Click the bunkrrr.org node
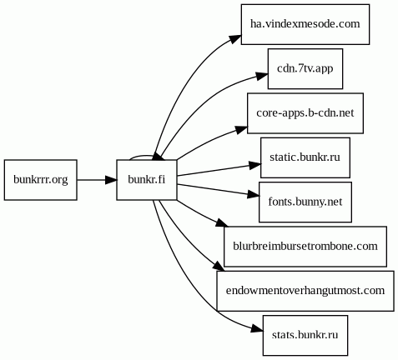click(x=41, y=180)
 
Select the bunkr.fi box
click(x=147, y=180)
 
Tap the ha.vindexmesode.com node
click(x=305, y=24)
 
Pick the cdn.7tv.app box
click(x=305, y=68)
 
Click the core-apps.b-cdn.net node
click(x=305, y=113)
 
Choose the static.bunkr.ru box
click(x=305, y=157)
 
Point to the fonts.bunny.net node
click(x=305, y=202)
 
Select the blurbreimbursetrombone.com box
click(x=305, y=247)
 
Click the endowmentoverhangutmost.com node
click(x=305, y=291)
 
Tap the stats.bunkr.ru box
click(x=305, y=335)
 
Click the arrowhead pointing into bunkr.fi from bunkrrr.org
click(x=111, y=180)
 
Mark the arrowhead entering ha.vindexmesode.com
click(x=235, y=39)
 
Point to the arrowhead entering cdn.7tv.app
click(x=262, y=76)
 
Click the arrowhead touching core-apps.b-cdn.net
click(x=241, y=129)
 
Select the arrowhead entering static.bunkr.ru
click(x=255, y=165)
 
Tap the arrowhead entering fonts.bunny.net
click(x=254, y=195)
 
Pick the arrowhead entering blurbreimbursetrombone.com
click(x=222, y=223)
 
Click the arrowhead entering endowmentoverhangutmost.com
click(x=219, y=266)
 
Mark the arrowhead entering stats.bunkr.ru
click(x=257, y=329)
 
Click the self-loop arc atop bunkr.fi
click(x=142, y=156)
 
